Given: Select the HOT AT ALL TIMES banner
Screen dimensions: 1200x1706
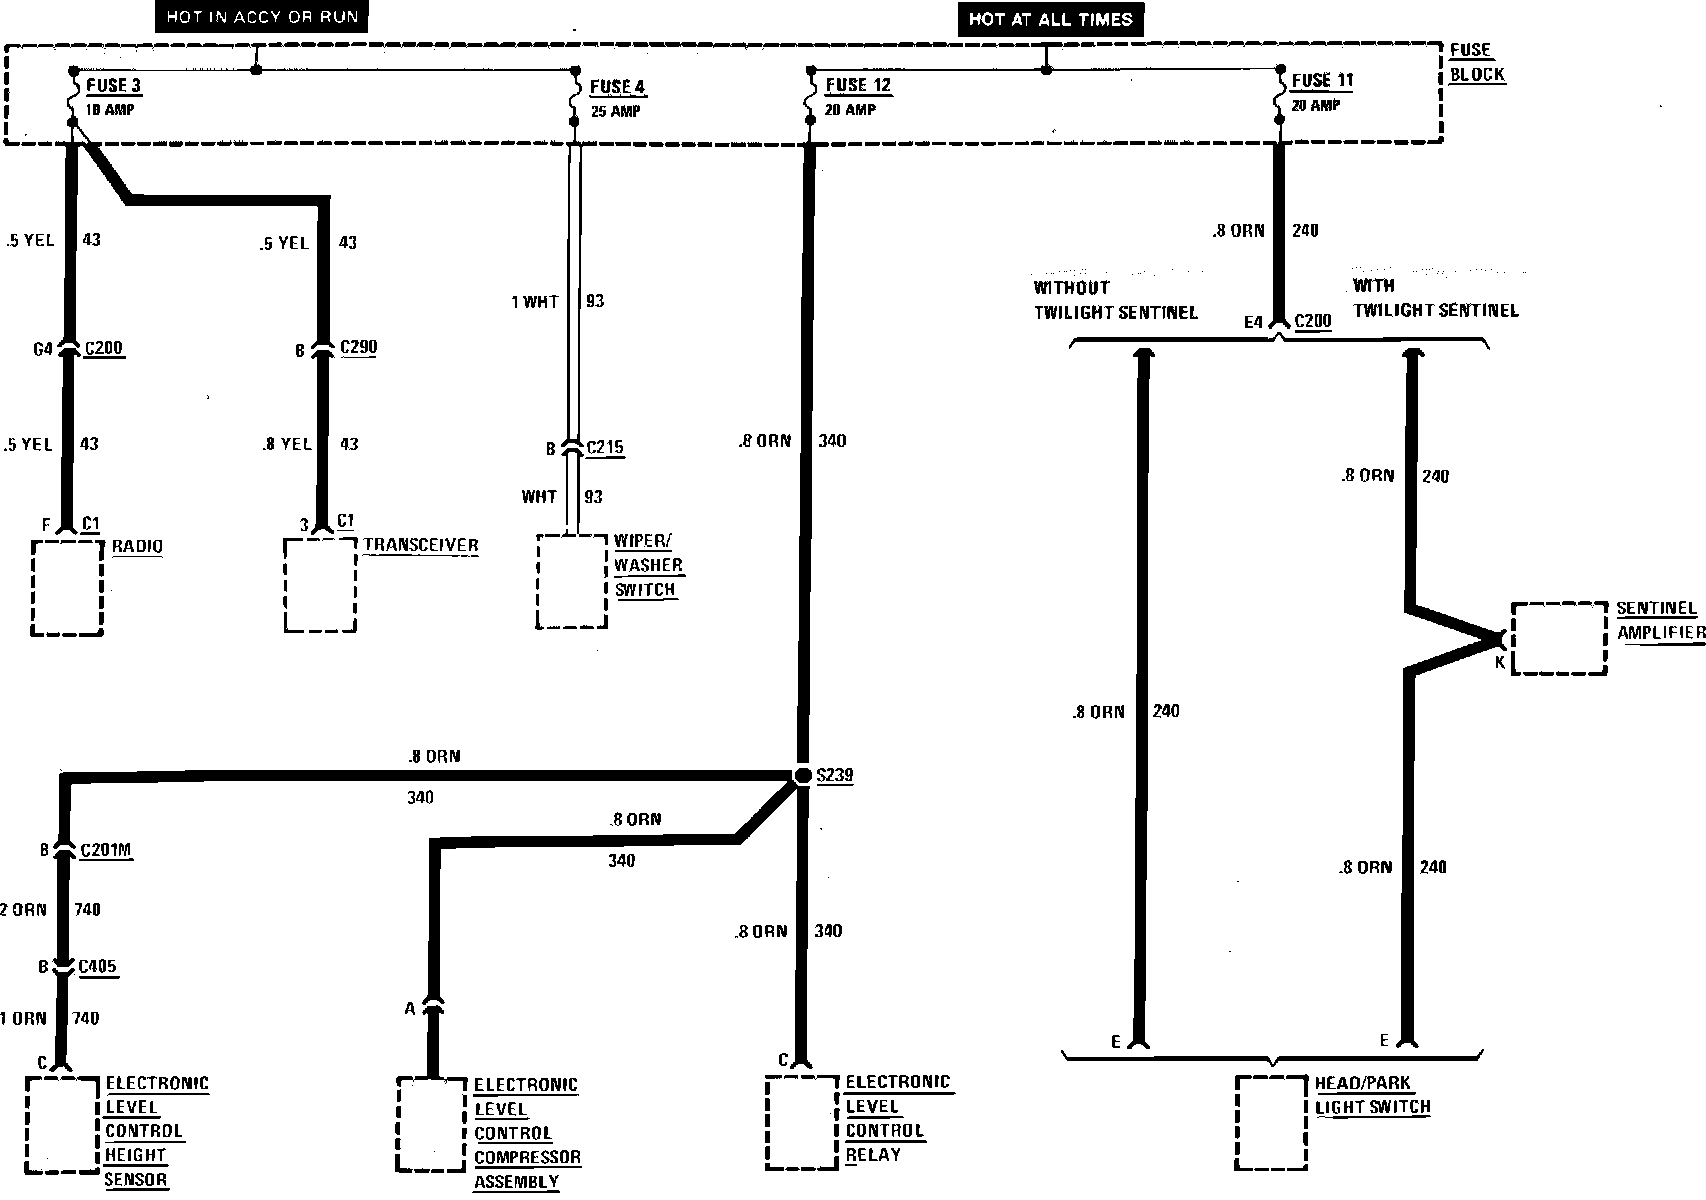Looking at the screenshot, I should (x=1050, y=19).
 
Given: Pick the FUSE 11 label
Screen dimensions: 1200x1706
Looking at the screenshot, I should (x=1322, y=80).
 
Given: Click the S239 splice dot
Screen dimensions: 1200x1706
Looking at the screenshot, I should (x=802, y=776).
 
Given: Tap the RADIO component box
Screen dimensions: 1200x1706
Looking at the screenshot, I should (x=67, y=588).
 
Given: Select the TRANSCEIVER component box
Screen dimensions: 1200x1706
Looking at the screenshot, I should (x=320, y=586).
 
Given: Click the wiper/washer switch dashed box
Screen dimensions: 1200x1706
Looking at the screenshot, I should (x=572, y=582).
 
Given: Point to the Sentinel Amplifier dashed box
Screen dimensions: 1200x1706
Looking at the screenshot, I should (x=1559, y=638).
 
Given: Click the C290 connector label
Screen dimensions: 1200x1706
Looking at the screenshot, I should (x=359, y=347).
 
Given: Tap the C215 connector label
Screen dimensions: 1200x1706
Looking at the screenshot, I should (x=604, y=447).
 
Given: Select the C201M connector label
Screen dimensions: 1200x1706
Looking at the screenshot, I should (x=106, y=850).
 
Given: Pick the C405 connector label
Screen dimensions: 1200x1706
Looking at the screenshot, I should (x=98, y=967).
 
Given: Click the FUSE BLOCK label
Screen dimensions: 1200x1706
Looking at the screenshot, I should (x=1476, y=62).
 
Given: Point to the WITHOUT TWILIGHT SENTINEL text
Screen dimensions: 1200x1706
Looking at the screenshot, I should (x=1115, y=299).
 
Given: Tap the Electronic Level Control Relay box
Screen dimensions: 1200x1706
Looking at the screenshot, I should (x=802, y=1122).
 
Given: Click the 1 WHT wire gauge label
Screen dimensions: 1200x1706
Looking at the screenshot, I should (x=535, y=301).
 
